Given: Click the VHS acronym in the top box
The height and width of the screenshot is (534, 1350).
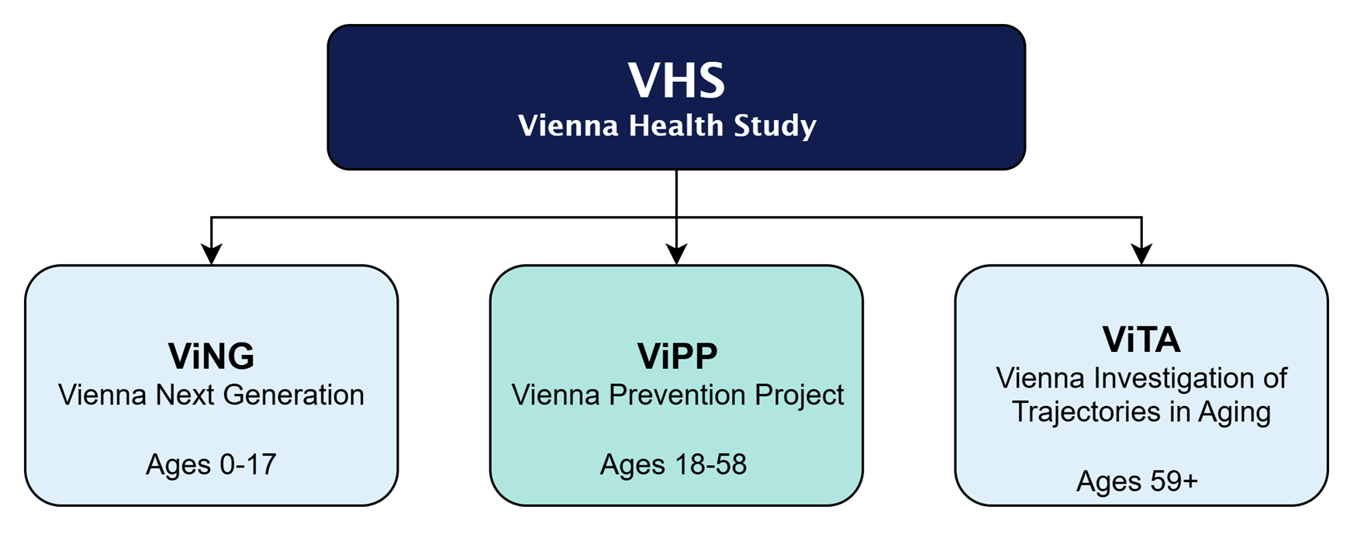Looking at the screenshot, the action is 676,80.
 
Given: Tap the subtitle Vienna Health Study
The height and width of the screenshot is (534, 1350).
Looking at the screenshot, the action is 667,126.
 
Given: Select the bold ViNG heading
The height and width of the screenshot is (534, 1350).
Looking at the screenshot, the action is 211,356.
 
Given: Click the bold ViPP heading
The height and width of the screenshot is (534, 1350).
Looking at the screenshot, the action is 677,356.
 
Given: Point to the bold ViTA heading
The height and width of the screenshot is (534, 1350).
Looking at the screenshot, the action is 1141,339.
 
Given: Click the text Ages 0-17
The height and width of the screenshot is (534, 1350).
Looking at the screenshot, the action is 211,464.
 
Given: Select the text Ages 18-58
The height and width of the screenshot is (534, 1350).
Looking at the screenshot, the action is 673,464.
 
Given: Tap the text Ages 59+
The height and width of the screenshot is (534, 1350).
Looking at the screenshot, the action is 1137,481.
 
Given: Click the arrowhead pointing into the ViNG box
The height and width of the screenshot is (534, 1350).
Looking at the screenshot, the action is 211,254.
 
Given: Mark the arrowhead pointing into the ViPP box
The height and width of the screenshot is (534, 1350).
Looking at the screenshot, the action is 676,254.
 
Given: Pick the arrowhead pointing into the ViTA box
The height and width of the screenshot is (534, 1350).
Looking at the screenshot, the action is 1141,254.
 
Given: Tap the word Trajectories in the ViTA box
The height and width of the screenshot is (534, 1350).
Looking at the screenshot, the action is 1086,412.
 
